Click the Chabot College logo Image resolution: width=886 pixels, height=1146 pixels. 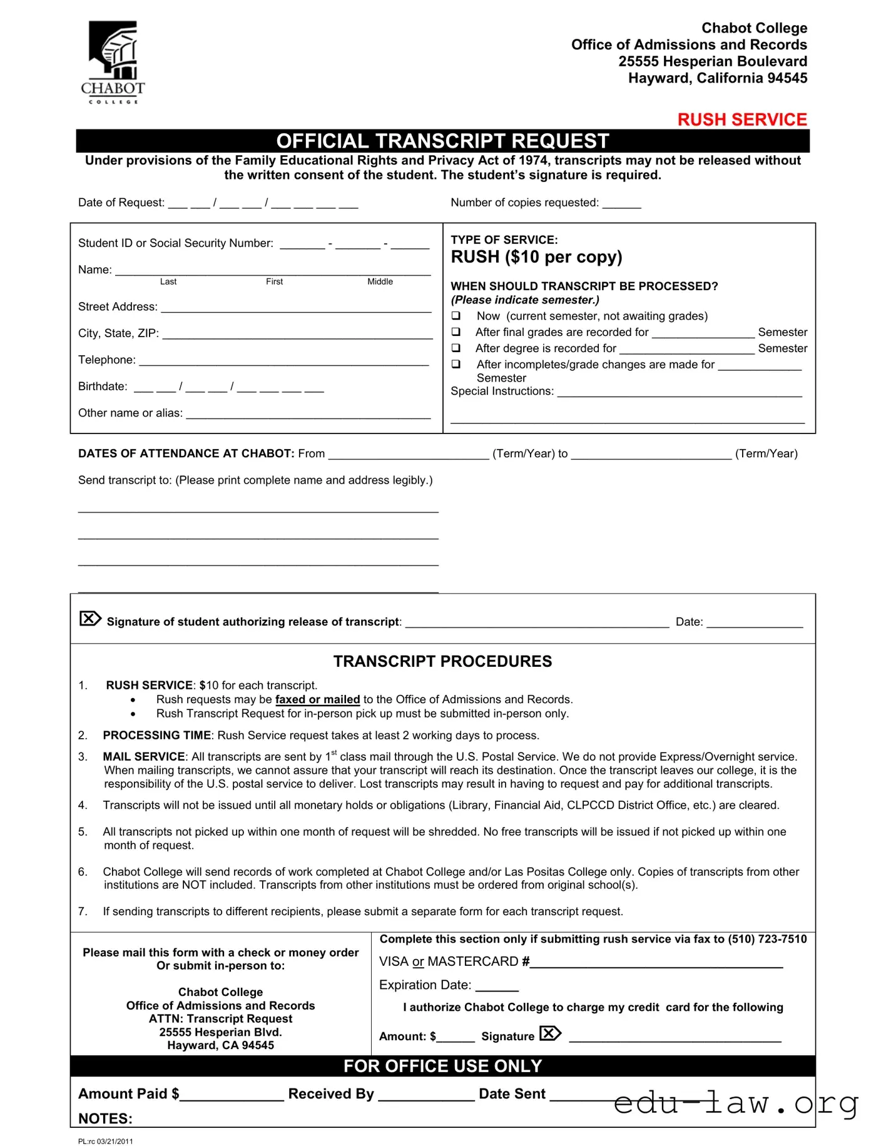pos(113,62)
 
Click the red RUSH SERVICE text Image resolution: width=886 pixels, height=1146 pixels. pos(742,119)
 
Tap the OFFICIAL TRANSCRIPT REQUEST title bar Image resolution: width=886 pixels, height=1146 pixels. pos(442,141)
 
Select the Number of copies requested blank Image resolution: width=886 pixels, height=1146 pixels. pos(621,204)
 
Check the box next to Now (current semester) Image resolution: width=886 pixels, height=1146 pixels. pos(456,315)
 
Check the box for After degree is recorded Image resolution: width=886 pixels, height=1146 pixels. pos(456,348)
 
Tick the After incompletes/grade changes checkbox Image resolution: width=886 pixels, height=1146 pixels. pos(456,364)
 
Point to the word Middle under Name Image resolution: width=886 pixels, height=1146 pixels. pos(380,281)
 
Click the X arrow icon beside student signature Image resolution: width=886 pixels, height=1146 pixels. pos(90,619)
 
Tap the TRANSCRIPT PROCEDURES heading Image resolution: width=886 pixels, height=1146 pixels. pos(442,661)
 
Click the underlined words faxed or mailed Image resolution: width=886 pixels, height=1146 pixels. pos(317,699)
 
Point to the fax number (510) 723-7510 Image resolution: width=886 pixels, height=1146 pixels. pos(767,939)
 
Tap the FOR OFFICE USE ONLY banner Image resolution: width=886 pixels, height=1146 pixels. pos(442,1066)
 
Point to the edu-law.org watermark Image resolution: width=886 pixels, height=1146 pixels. pos(736,1103)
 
